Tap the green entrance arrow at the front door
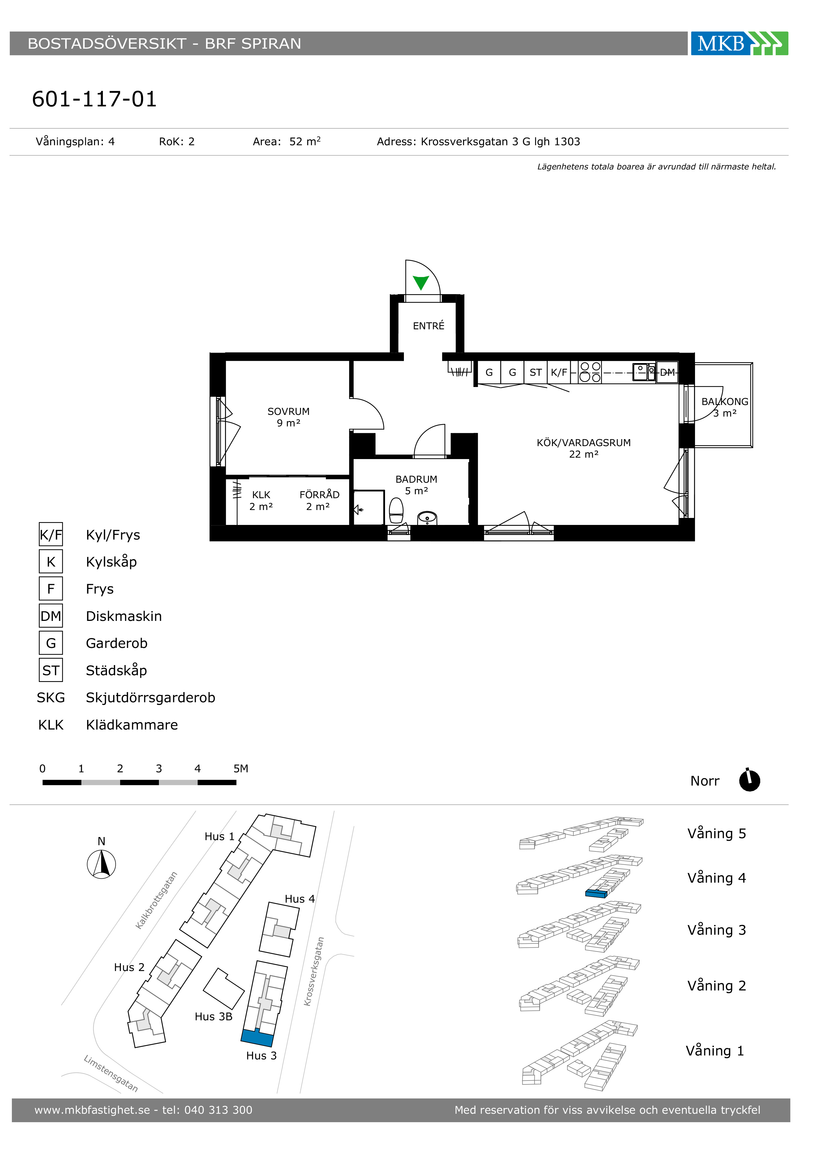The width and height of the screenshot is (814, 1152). coord(421,283)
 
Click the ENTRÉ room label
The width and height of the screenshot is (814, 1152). coord(428,326)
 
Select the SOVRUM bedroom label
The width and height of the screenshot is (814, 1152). coord(288,411)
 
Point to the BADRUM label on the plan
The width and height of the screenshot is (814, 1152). coord(416,479)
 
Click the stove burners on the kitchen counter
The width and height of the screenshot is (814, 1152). coord(590,372)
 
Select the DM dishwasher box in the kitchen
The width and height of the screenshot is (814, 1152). coord(667,372)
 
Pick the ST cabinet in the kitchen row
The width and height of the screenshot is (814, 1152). coord(536,372)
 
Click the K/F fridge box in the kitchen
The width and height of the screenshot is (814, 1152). coord(559,372)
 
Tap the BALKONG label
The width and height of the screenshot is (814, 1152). coord(725,402)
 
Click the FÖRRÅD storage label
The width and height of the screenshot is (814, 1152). coord(320,495)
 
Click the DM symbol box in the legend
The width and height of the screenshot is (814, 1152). coord(51,616)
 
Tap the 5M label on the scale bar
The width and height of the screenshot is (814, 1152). coord(241,769)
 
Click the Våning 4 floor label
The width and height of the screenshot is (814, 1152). coord(717,878)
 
